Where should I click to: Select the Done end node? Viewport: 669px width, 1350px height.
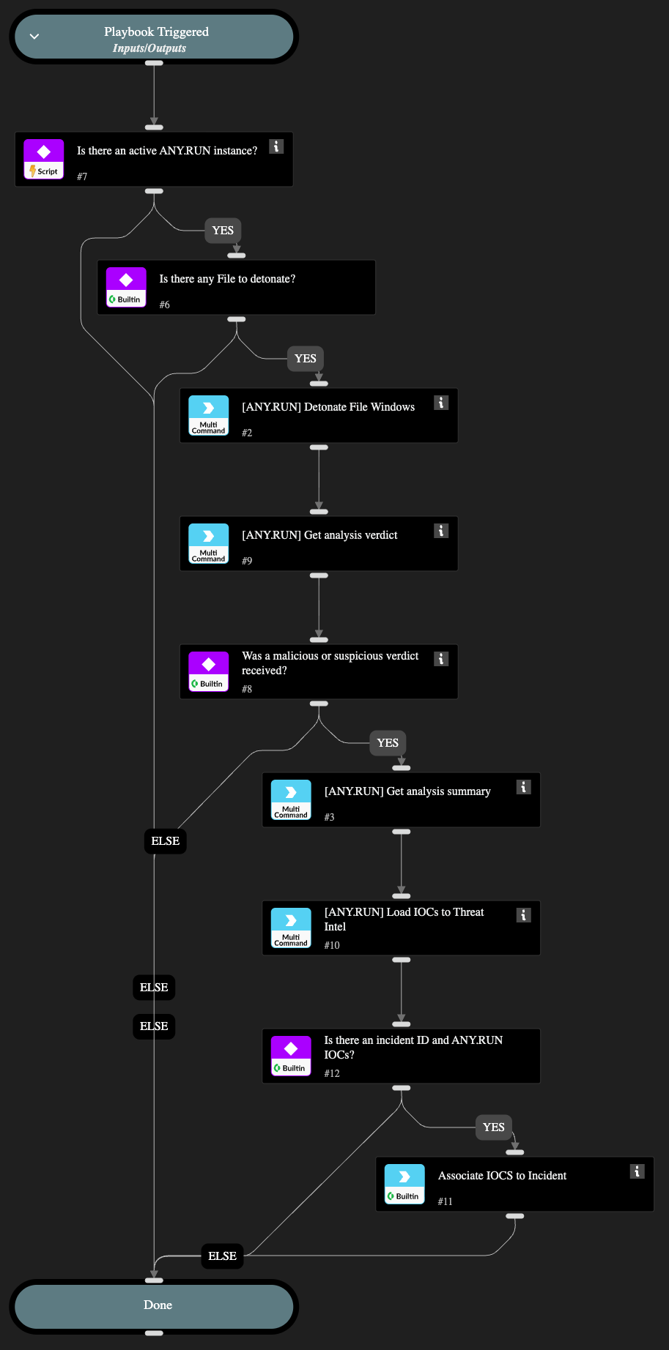click(x=158, y=1305)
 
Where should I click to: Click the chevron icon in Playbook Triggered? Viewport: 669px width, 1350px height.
click(x=34, y=37)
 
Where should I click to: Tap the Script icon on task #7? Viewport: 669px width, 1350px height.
click(x=44, y=160)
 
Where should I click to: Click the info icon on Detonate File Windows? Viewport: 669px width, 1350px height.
click(x=441, y=403)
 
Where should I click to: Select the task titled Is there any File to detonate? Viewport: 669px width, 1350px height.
click(x=227, y=279)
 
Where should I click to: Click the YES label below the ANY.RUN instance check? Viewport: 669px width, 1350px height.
click(x=223, y=231)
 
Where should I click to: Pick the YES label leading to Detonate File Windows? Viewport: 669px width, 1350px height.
click(x=305, y=359)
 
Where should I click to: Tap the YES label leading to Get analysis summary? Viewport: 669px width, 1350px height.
click(x=388, y=743)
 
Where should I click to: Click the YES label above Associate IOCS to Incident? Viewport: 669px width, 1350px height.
click(x=493, y=1127)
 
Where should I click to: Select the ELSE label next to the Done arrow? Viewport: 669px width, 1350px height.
click(x=222, y=1256)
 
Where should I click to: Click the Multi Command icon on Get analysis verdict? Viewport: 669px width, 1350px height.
click(x=209, y=544)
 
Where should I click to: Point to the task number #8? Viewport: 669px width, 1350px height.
click(x=247, y=690)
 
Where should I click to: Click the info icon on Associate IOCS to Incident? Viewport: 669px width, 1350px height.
click(x=637, y=1171)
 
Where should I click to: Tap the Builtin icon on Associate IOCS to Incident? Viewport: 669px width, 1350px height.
click(x=404, y=1185)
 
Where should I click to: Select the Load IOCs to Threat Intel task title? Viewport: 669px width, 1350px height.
click(x=404, y=919)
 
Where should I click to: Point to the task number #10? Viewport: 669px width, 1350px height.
click(x=332, y=946)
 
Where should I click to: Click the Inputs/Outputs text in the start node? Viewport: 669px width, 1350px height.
click(x=149, y=48)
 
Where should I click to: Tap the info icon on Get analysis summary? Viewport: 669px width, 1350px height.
click(x=523, y=787)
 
